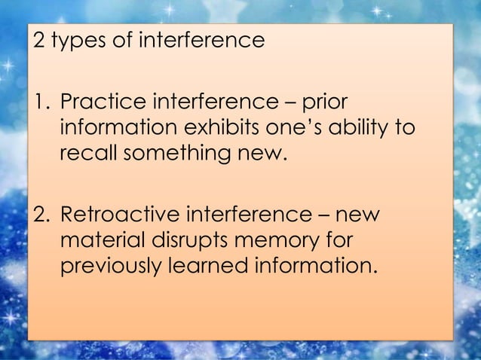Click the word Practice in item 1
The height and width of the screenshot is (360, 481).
tap(98, 102)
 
